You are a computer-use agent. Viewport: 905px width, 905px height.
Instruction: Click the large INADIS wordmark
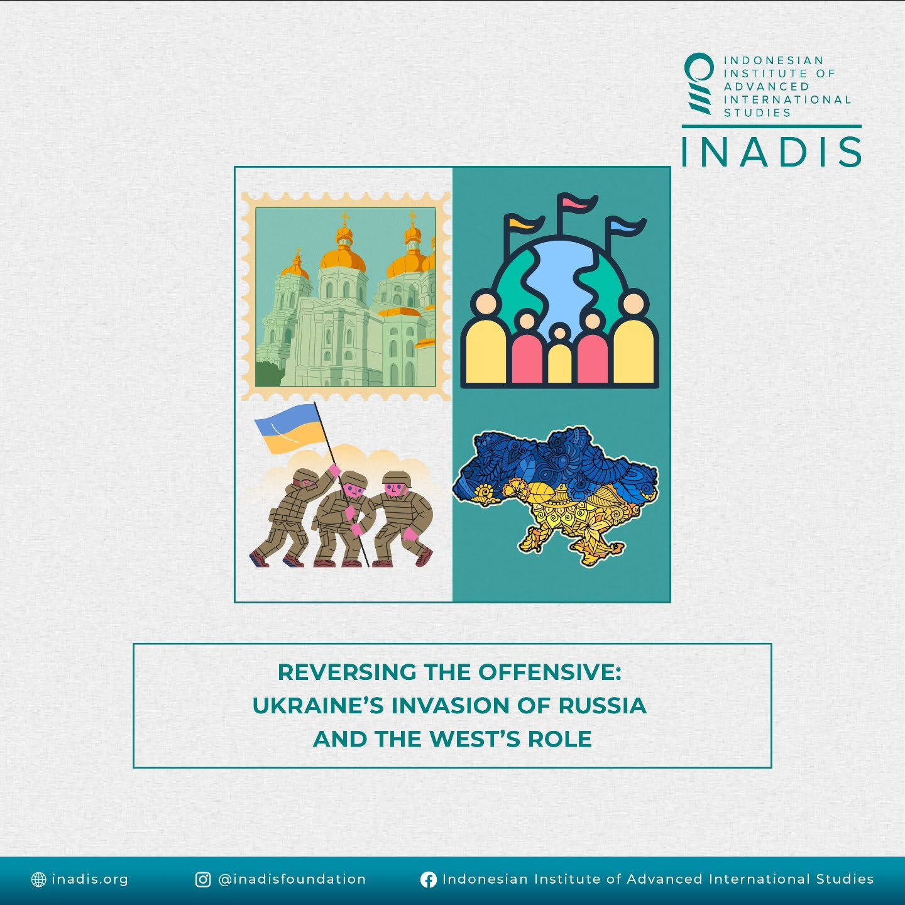(772, 152)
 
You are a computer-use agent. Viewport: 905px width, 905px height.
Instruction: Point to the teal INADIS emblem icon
(699, 84)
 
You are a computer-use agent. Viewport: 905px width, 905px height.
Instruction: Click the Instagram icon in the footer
(203, 879)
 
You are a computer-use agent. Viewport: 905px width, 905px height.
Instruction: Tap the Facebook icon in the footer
(428, 879)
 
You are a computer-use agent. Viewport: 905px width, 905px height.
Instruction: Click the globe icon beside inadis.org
(39, 879)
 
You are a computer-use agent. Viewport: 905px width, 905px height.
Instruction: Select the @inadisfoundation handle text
(292, 879)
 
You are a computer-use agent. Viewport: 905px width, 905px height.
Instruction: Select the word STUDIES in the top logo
(757, 113)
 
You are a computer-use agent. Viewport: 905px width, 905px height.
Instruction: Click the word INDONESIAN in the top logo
(774, 60)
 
